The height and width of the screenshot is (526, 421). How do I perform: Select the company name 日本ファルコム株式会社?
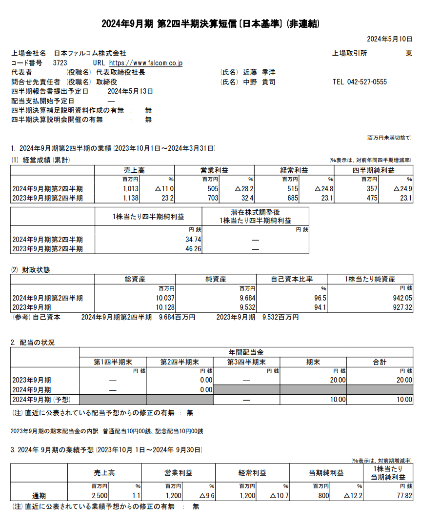click(90, 53)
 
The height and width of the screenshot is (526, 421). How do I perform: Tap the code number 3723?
click(60, 63)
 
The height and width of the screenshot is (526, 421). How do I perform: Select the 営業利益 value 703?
click(211, 198)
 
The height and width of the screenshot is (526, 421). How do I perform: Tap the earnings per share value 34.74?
click(193, 240)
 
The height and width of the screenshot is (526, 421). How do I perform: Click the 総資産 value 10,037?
click(165, 298)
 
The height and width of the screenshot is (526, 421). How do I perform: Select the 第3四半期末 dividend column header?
click(246, 362)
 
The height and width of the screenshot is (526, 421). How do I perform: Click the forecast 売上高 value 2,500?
click(100, 496)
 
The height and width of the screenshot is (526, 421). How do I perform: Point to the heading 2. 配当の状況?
click(33, 343)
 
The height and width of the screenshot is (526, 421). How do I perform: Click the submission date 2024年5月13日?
click(130, 91)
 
